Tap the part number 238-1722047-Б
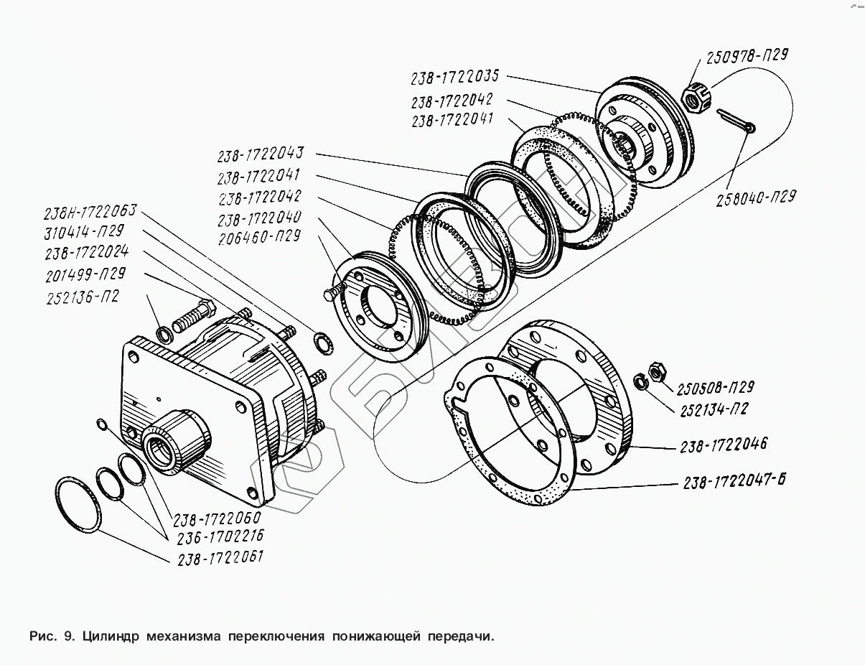pyautogui.click(x=732, y=480)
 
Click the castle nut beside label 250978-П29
pyautogui.click(x=694, y=98)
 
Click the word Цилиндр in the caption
pyautogui.click(x=111, y=636)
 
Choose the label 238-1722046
pyautogui.click(x=724, y=445)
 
